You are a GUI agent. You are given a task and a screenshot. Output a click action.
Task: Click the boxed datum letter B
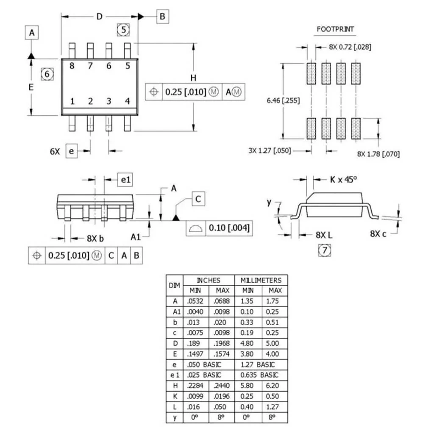pos(162,17)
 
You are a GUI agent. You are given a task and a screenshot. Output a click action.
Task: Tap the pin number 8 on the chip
pos(72,66)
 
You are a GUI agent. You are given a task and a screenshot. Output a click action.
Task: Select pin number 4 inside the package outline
pos(127,101)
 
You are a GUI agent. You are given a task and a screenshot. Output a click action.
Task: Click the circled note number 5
pos(123,30)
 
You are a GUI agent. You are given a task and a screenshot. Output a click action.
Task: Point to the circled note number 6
pos(47,74)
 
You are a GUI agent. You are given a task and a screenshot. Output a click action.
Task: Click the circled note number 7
pos(324,250)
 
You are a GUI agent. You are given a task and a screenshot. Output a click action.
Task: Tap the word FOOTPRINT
pos(335,29)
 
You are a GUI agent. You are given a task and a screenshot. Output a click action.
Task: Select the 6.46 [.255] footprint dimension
pos(283,100)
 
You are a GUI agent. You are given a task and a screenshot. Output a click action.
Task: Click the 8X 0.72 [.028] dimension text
pos(350,47)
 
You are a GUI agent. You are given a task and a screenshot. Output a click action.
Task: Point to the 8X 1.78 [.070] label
pos(378,154)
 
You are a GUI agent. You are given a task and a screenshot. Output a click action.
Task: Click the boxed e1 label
pos(125,180)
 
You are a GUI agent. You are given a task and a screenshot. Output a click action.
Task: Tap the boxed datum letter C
pos(198,199)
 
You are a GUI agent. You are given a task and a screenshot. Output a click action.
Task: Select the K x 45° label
pos(343,180)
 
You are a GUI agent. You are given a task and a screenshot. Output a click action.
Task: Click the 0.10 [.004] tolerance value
pos(229,228)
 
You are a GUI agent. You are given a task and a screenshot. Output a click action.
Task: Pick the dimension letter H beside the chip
pos(193,78)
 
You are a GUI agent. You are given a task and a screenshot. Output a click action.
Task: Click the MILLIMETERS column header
pos(261,281)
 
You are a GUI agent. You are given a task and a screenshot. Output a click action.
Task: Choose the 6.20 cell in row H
pos(273,386)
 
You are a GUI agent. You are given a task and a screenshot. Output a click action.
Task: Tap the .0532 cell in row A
pos(195,301)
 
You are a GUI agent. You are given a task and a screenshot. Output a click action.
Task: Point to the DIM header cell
pos(175,285)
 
